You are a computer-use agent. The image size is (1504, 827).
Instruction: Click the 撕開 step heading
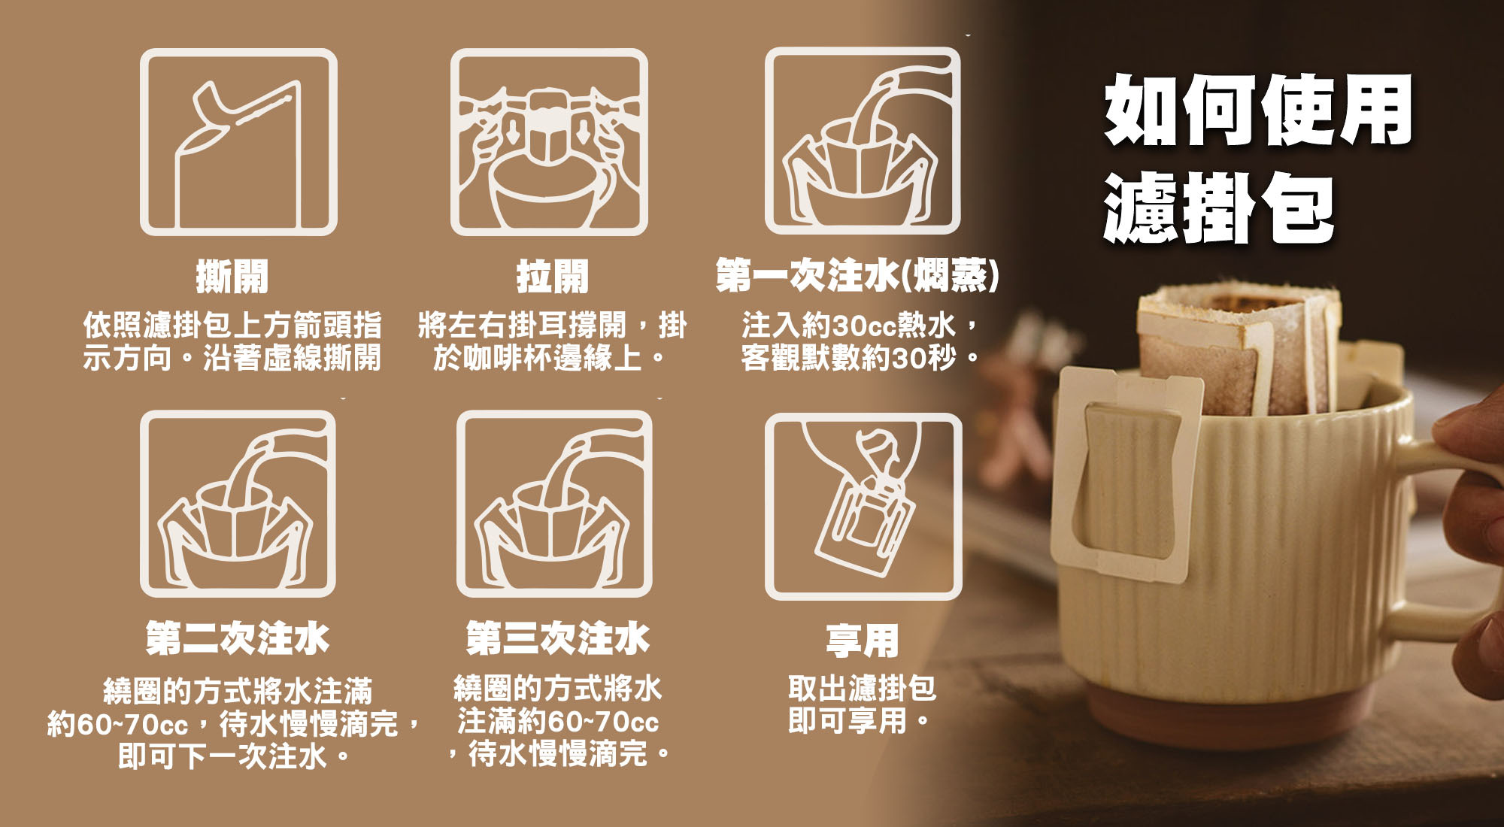[232, 276]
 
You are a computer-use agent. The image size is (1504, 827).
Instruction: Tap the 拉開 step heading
[553, 276]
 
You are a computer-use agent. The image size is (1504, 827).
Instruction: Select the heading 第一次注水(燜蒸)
[858, 275]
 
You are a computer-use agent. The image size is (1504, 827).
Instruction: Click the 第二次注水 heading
[238, 638]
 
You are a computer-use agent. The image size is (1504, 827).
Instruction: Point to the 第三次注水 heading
[557, 638]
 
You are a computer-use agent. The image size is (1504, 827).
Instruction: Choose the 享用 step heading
[863, 641]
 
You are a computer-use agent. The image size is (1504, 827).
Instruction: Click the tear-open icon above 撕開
[238, 142]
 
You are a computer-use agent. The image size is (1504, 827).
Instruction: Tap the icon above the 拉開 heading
[549, 142]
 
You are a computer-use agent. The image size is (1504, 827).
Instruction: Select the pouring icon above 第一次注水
[863, 141]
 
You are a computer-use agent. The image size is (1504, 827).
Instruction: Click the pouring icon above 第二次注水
[238, 504]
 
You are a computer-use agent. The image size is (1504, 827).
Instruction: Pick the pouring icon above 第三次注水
[554, 504]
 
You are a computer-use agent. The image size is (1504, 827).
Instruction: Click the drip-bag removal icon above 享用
[863, 506]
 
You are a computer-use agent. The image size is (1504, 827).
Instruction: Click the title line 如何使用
[1258, 110]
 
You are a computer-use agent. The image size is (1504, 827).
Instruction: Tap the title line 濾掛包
[1219, 208]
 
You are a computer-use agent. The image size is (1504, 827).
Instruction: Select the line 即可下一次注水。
[235, 756]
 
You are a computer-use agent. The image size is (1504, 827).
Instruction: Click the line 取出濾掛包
[863, 688]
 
